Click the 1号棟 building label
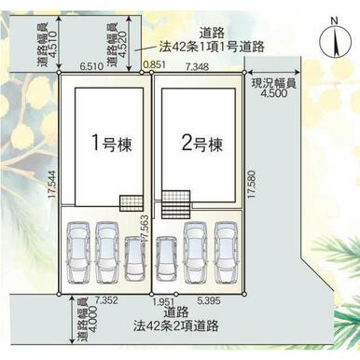coord(112,144)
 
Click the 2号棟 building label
coord(202,144)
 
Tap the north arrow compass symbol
coord(336,41)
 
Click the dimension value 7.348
coord(197,66)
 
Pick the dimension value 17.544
coord(52,185)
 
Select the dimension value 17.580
coord(252,185)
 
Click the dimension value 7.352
coord(106,300)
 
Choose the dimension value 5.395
coord(209,300)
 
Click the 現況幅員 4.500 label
coord(273,88)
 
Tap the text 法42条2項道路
coord(175,325)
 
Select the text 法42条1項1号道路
coord(212,47)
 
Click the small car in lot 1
coord(135,259)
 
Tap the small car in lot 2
coord(166,259)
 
